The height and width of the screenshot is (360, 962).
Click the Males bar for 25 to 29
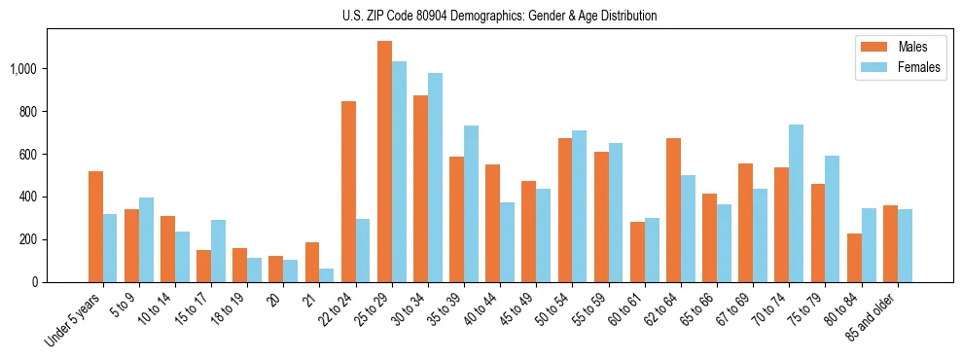(384, 162)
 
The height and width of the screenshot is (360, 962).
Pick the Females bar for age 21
(327, 275)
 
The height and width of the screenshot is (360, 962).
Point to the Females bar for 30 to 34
(435, 178)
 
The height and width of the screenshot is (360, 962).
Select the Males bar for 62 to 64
(673, 210)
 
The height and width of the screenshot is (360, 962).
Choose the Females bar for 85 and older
(905, 245)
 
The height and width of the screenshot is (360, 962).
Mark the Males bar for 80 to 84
(854, 258)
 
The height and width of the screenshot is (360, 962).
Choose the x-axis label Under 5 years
(74, 318)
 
